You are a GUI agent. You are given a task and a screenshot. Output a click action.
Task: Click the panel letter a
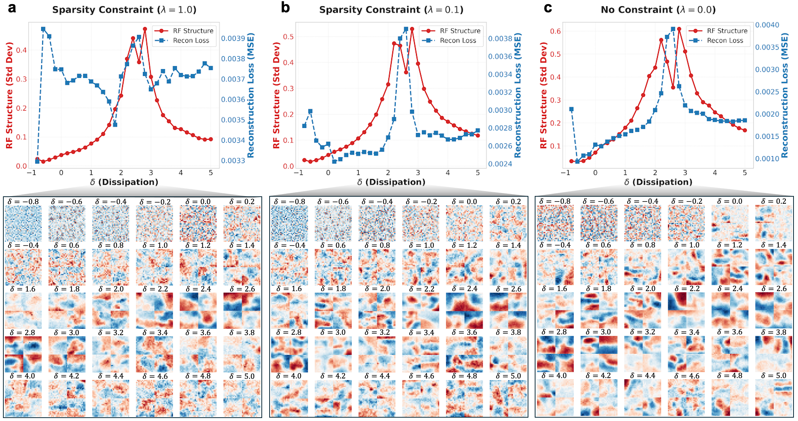tap(12, 8)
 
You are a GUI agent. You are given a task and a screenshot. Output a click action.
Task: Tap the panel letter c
tap(547, 8)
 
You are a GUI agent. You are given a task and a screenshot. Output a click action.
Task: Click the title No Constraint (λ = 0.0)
tap(658, 10)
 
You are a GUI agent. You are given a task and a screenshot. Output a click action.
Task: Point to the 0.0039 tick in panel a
tap(233, 38)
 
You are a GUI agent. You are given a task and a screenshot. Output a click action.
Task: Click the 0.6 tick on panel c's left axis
tap(556, 31)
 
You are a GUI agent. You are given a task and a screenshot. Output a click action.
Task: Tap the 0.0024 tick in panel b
tap(500, 164)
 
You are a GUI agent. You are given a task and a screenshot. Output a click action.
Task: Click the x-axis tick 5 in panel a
tap(211, 173)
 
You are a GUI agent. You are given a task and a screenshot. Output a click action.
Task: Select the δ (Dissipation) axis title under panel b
tap(391, 182)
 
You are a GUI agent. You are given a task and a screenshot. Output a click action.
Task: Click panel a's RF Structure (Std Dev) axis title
tap(9, 95)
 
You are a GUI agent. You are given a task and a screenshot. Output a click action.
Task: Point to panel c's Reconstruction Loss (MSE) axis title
tap(785, 95)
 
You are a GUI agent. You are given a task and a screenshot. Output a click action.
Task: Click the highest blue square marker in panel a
tap(43, 29)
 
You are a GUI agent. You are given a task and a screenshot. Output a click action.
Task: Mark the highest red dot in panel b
tap(412, 29)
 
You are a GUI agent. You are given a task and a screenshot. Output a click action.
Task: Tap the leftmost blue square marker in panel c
tap(571, 109)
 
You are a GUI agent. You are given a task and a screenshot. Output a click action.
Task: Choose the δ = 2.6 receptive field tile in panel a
tap(242, 311)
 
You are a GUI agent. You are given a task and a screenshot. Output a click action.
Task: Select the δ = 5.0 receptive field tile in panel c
tap(774, 397)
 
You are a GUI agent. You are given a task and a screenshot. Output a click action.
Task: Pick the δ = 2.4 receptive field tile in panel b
tap(464, 311)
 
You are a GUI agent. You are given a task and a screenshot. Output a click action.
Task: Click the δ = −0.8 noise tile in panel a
tap(23, 223)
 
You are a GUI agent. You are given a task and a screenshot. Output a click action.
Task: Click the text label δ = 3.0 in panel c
tap(599, 332)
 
